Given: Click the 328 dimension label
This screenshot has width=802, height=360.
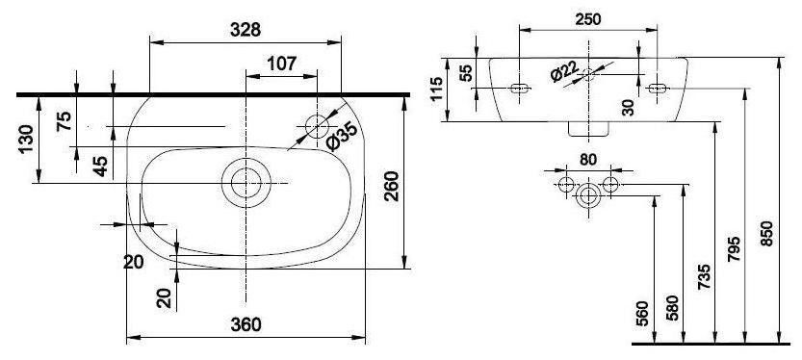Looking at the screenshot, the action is (245, 30).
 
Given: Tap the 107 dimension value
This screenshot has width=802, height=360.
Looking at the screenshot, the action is (281, 64).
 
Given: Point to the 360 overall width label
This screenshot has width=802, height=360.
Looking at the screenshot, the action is (246, 324).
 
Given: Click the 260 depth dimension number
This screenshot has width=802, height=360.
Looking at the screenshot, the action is (391, 186).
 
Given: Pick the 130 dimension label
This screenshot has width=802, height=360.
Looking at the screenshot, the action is (26, 139).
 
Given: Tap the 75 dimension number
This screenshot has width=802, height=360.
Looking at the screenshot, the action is (64, 121).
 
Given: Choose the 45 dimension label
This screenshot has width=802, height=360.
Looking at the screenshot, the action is (100, 167).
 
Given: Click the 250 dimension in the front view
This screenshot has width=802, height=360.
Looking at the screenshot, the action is (588, 19).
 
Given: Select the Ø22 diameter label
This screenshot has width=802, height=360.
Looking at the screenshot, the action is (564, 71).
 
